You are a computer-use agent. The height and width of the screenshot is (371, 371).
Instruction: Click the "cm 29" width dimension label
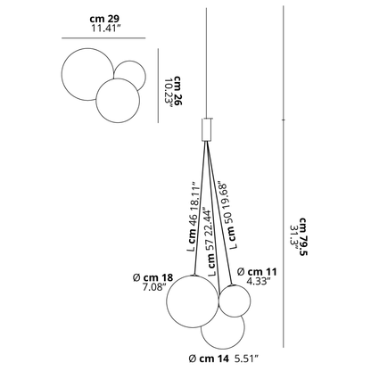click(104, 19)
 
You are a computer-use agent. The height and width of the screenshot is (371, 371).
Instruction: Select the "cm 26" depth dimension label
click(178, 91)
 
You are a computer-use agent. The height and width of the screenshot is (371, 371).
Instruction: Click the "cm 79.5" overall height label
click(303, 237)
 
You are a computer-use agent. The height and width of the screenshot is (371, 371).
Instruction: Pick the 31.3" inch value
click(293, 238)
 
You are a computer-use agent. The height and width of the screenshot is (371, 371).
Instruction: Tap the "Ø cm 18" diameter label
click(153, 277)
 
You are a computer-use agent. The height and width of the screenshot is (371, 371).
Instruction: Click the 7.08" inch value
click(153, 287)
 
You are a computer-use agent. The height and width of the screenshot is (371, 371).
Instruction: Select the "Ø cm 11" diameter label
click(257, 272)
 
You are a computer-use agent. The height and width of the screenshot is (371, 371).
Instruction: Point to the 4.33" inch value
click(259, 281)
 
